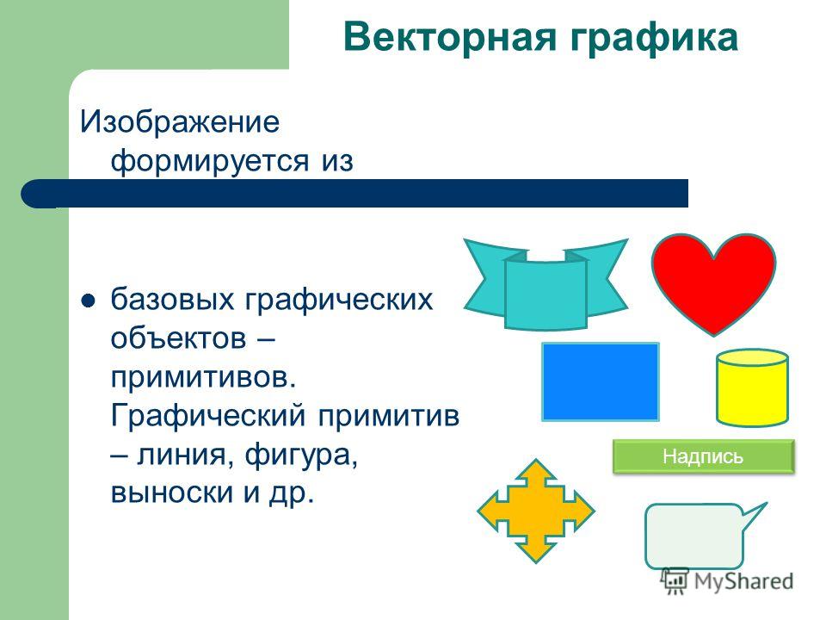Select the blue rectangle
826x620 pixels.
tap(601, 381)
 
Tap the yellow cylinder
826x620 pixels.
tap(752, 387)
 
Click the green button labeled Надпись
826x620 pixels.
tap(703, 456)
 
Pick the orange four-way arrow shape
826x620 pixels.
tap(536, 511)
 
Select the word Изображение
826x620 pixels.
tap(180, 122)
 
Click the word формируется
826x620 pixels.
tap(209, 161)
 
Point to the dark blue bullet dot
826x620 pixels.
tap(88, 301)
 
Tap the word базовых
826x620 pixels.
tap(172, 300)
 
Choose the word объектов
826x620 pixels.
tap(178, 338)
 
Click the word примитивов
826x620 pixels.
tap(203, 377)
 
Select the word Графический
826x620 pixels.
tap(207, 417)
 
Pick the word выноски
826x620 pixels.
tap(172, 493)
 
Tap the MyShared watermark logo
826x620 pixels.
tap(727, 581)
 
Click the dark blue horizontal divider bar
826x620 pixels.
tap(354, 194)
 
